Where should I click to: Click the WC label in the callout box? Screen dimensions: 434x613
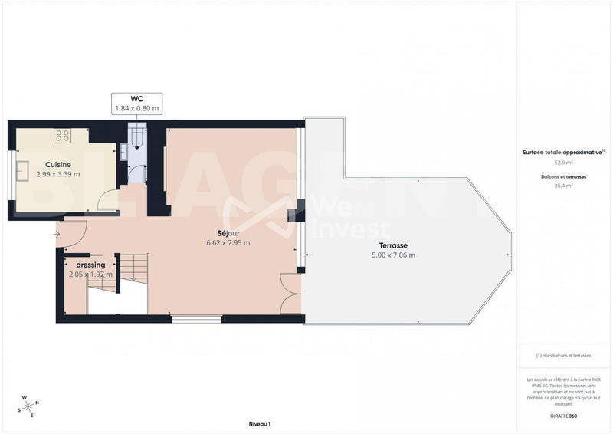click(137, 99)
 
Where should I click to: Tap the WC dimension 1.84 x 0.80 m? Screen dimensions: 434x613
click(137, 109)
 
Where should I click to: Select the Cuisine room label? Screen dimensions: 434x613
click(58, 165)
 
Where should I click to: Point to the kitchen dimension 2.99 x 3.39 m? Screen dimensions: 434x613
click(58, 175)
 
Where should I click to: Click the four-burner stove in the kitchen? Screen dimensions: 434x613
click(63, 136)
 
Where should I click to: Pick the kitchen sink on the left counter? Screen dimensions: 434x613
click(22, 169)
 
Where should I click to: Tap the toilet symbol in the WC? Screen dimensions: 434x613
click(136, 139)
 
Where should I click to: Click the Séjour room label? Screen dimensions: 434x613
click(228, 233)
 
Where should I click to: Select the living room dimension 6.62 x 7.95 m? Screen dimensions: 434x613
click(228, 243)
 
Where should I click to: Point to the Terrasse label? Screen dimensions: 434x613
click(393, 245)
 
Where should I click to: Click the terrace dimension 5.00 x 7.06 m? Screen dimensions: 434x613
click(393, 255)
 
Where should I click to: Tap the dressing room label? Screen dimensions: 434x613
click(90, 265)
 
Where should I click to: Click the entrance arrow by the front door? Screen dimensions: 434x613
click(57, 234)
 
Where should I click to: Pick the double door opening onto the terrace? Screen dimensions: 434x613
click(291, 294)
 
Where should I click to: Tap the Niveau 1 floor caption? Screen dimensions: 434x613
click(260, 423)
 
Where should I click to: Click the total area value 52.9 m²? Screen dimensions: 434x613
click(563, 163)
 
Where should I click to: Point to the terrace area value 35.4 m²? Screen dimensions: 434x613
click(563, 186)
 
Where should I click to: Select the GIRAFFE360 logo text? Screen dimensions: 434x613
click(563, 415)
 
